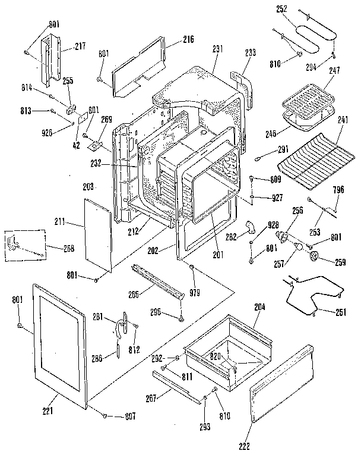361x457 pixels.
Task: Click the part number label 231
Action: tap(217, 49)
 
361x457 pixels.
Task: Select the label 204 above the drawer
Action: tap(260, 307)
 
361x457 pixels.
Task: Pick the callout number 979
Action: tap(195, 292)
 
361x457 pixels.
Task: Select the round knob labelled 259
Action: tap(315, 255)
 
